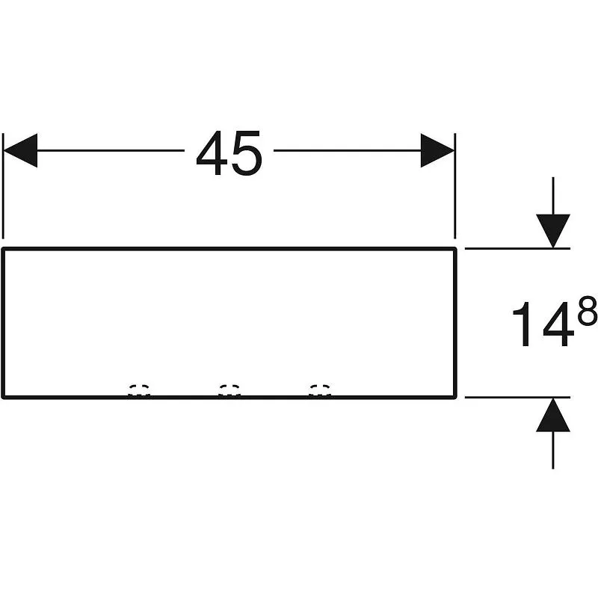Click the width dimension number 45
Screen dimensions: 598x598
(229, 153)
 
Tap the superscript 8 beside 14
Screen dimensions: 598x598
(588, 311)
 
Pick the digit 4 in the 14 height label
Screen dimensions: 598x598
(558, 324)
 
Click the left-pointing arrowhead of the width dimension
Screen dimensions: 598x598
(20, 150)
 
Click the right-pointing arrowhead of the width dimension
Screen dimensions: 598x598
(437, 150)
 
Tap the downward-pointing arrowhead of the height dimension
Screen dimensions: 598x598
(553, 231)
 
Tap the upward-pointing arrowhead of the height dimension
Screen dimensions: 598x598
(553, 415)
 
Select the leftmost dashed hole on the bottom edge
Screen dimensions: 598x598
(139, 389)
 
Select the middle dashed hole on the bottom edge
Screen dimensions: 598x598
(229, 389)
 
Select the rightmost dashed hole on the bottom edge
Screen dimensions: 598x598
(320, 389)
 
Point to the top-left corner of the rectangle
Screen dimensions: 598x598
(4, 249)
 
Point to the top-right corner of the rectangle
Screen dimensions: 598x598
(455, 249)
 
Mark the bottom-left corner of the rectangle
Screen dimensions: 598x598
(4, 398)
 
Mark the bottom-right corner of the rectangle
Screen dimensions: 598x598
(455, 398)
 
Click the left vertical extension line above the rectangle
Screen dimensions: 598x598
(3, 185)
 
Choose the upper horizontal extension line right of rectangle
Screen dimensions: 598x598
(517, 249)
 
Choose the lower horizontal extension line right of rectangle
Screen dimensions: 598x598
(517, 398)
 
